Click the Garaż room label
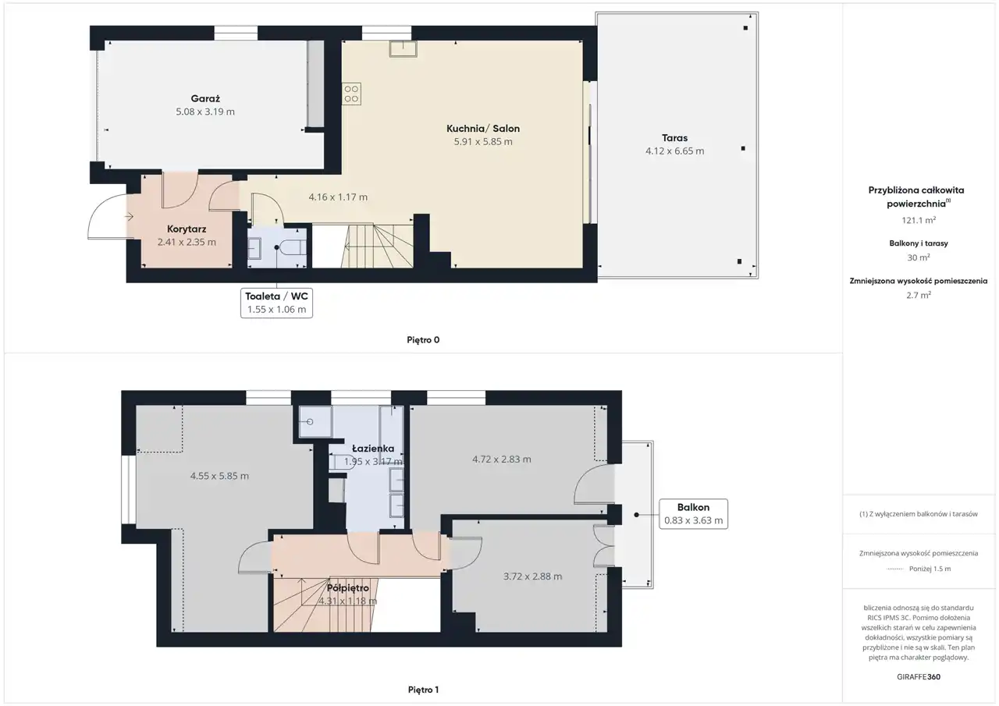(205, 98)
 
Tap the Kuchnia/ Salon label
(483, 129)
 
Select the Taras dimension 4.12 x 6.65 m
(674, 151)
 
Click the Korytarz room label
(187, 229)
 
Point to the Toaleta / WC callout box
(276, 303)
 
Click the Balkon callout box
(694, 514)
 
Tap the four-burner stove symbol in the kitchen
(351, 94)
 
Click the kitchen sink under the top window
(404, 48)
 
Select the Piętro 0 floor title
(423, 340)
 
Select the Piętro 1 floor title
(423, 690)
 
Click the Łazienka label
(373, 449)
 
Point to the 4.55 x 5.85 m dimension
(219, 476)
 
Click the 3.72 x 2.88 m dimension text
(532, 577)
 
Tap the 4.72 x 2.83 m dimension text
(502, 459)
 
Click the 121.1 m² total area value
(919, 220)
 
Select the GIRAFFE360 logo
(919, 676)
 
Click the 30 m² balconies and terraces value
(919, 257)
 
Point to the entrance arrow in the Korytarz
(129, 217)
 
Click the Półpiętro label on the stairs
(348, 588)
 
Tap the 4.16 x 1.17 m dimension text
(338, 197)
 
